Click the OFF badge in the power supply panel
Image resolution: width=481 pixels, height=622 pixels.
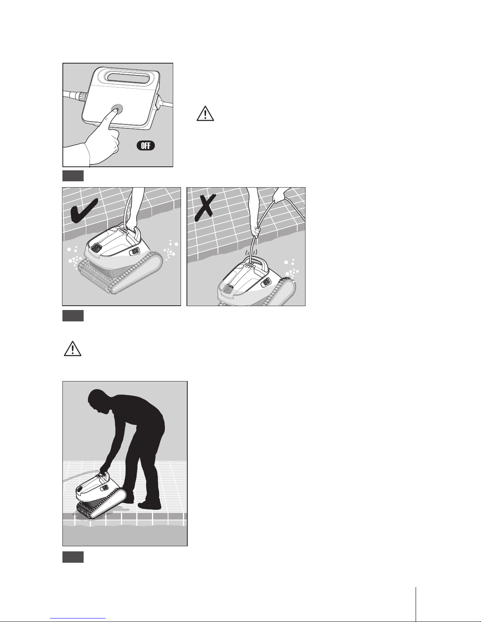tap(146, 146)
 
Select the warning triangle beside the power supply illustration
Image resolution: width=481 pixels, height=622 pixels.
tap(205, 113)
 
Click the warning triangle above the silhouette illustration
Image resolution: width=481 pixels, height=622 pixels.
tap(73, 348)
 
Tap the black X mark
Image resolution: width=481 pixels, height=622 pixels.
tap(205, 208)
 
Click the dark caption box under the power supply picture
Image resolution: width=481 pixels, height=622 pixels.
tap(73, 176)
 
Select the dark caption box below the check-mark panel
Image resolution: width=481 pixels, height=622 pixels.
tap(73, 316)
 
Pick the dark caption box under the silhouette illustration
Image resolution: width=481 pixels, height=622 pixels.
tap(73, 557)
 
